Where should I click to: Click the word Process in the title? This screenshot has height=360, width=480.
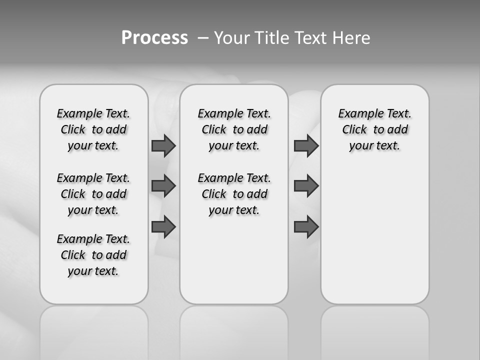tap(154, 38)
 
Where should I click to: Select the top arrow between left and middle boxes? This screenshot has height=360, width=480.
tap(163, 145)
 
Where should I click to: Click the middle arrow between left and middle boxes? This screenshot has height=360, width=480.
tap(163, 186)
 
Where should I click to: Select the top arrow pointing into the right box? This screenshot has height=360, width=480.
tap(306, 145)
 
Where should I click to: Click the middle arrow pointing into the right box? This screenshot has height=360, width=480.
tap(306, 186)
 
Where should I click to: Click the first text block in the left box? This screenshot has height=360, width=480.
tap(93, 129)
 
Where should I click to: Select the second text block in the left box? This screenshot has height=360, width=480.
tap(93, 194)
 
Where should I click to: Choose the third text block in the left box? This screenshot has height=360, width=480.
tap(93, 255)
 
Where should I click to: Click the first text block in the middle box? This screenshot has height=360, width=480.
tap(234, 129)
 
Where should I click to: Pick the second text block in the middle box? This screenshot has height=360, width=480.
tap(234, 194)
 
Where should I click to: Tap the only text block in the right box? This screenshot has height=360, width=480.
tap(374, 129)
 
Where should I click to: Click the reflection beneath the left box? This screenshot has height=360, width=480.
tap(94, 330)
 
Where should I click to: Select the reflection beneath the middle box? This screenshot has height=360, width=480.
tap(234, 330)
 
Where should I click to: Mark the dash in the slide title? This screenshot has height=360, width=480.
tap(203, 38)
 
